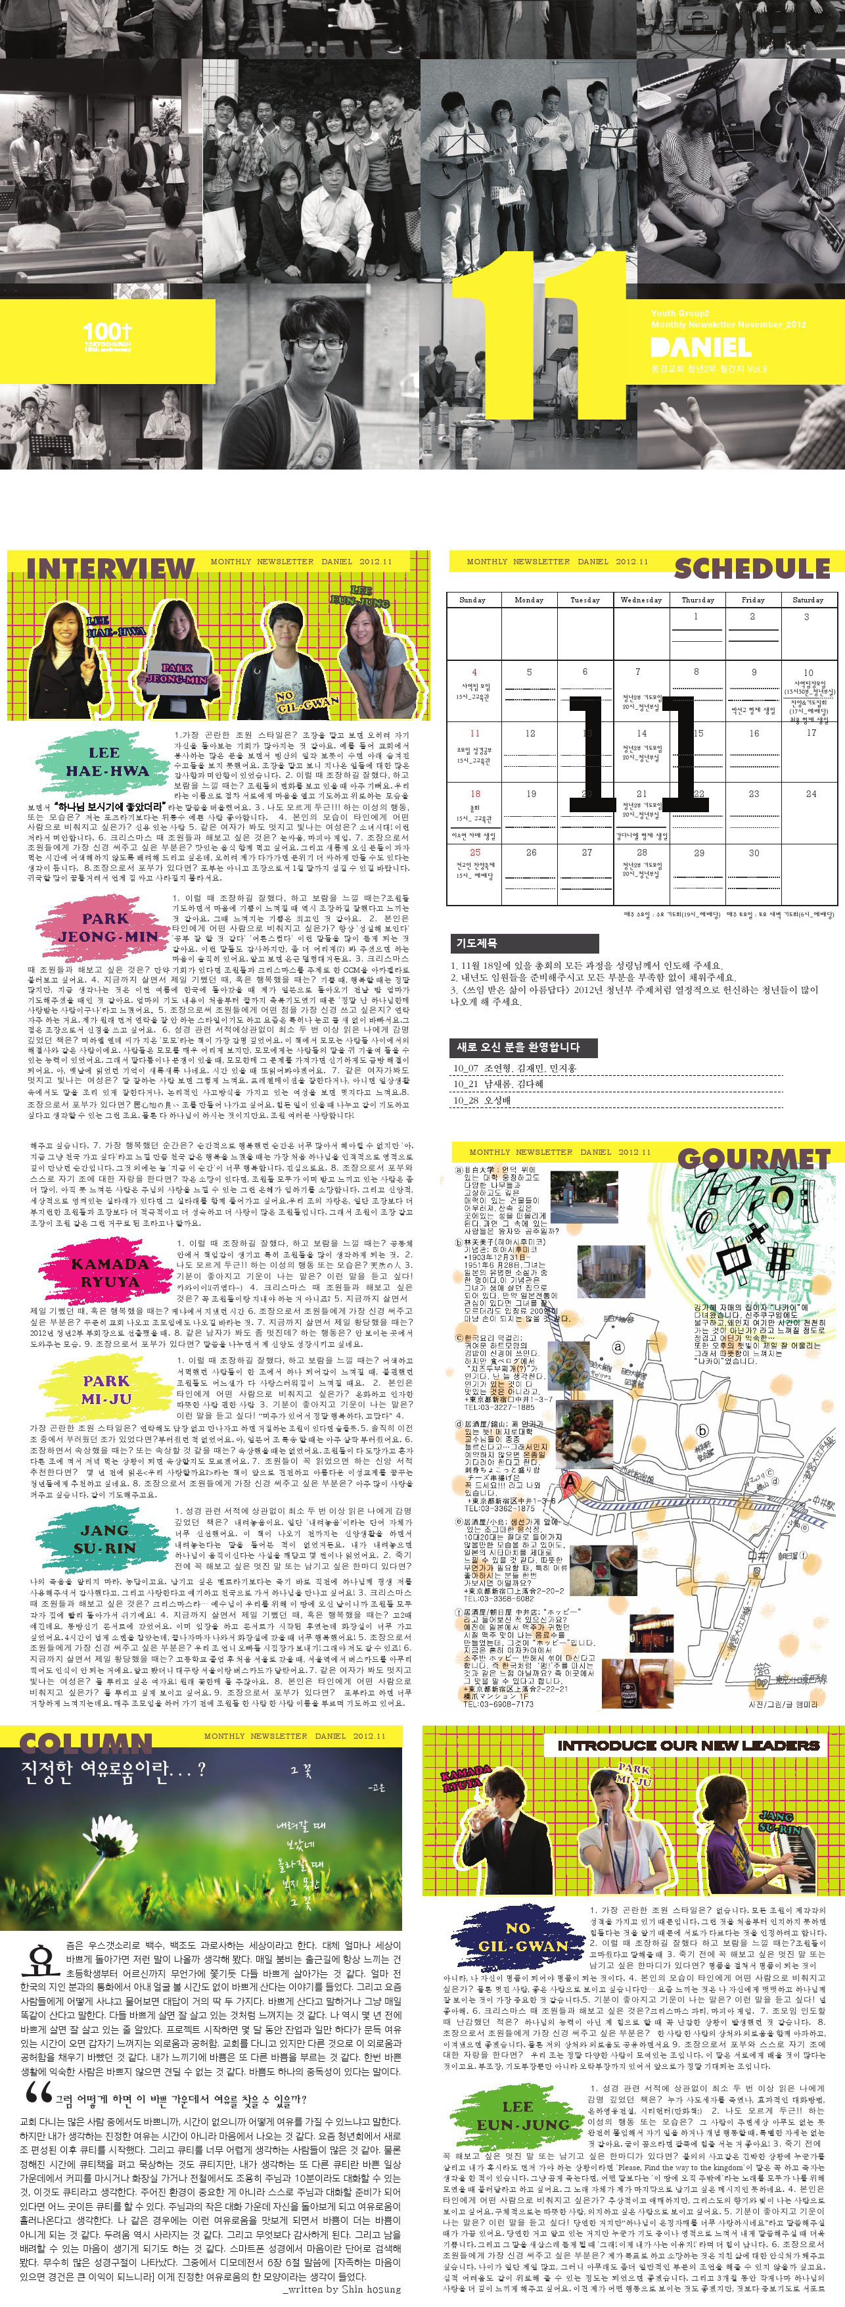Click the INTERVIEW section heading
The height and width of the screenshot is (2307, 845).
(x=110, y=568)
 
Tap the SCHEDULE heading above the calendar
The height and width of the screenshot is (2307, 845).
(x=751, y=568)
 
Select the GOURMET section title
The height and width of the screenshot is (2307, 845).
(x=754, y=1159)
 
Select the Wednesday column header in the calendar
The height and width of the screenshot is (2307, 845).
(x=641, y=600)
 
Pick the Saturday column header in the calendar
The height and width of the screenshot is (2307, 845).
(x=808, y=600)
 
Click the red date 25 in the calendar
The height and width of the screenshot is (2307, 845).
(x=474, y=852)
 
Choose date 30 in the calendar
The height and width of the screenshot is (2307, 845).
(x=754, y=852)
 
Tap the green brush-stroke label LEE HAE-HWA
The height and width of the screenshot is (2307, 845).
(x=106, y=762)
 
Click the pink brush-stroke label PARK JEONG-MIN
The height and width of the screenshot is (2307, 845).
(x=106, y=927)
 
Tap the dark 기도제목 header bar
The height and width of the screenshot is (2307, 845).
(x=523, y=943)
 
